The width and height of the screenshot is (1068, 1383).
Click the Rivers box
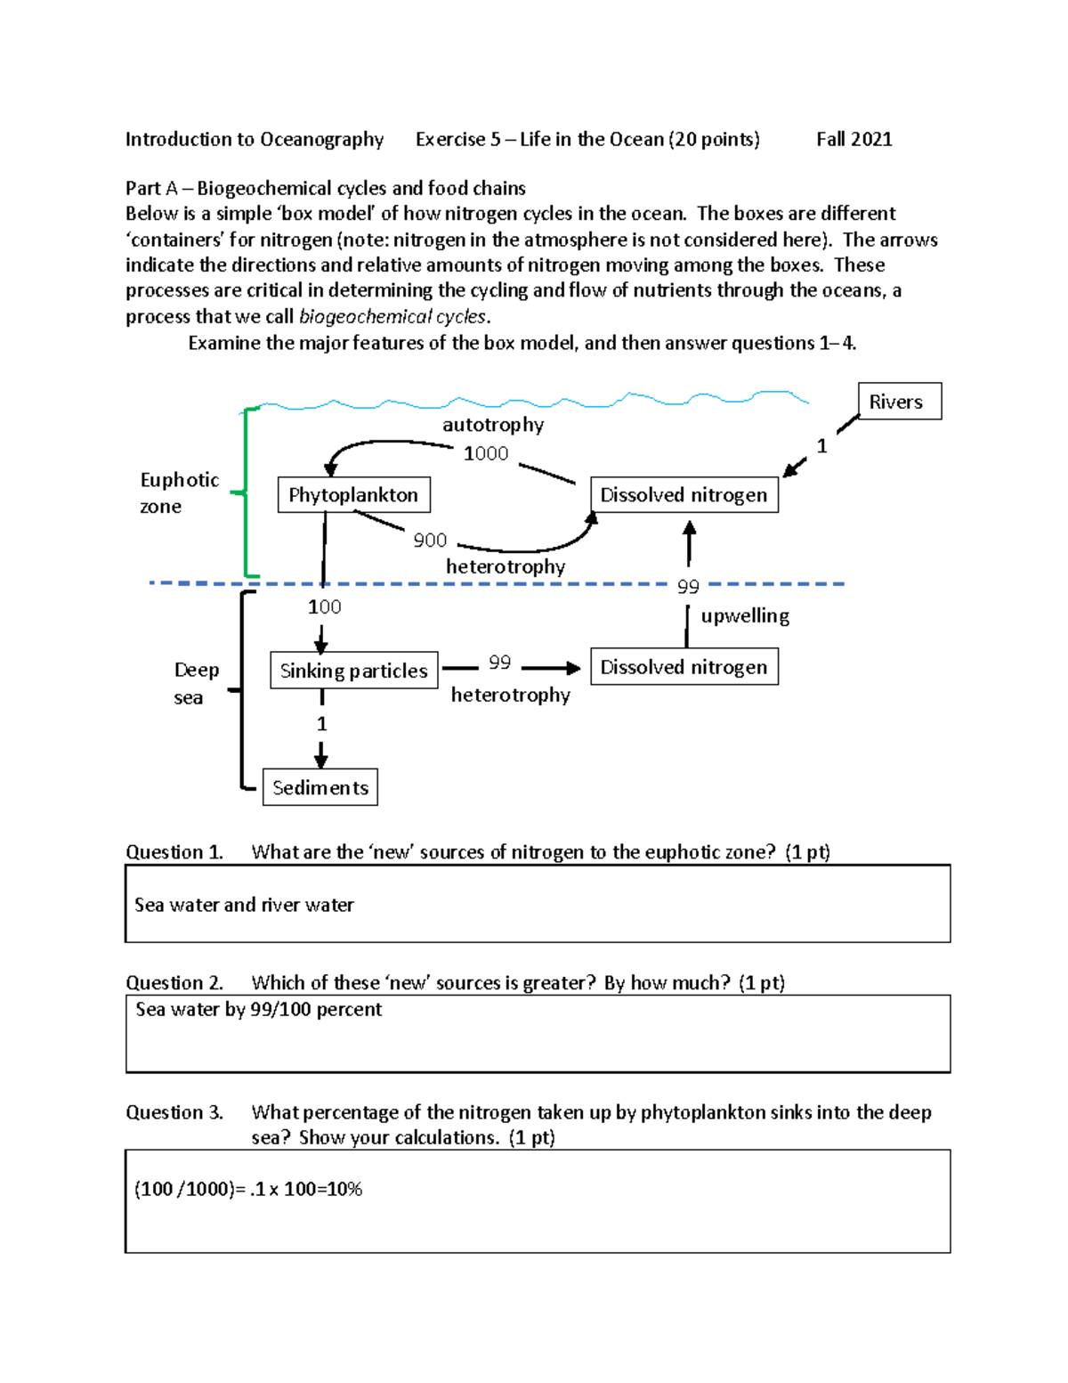(x=899, y=402)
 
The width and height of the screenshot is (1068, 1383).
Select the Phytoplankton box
(x=353, y=495)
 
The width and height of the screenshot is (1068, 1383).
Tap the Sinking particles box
(x=353, y=671)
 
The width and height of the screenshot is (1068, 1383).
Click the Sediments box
(x=320, y=787)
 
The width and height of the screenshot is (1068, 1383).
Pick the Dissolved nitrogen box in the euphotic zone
(x=684, y=495)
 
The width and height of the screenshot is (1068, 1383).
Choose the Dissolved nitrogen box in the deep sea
(x=684, y=667)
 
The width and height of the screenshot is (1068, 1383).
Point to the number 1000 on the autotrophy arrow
(x=486, y=453)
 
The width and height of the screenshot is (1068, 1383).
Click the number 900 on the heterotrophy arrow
(x=430, y=541)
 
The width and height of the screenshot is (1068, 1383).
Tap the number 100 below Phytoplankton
(x=324, y=606)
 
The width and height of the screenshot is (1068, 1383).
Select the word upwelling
(x=745, y=616)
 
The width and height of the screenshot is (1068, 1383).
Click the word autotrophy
(x=493, y=425)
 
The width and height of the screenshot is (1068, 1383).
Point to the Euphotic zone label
(x=179, y=492)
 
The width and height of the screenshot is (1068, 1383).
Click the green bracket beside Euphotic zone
(x=247, y=492)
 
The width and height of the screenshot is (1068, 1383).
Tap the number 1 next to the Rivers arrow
(x=821, y=446)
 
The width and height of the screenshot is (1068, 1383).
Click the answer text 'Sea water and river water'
(x=244, y=905)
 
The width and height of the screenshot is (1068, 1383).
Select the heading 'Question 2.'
(x=174, y=982)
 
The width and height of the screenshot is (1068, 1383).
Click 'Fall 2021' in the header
(x=854, y=139)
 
